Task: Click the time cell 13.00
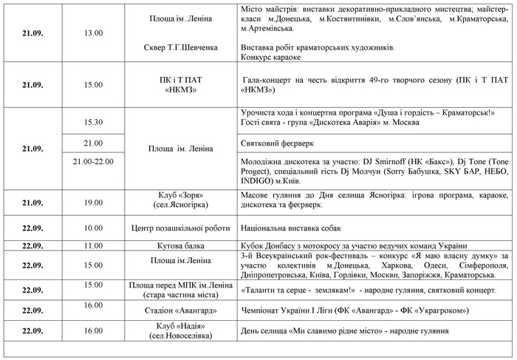[x=93, y=32]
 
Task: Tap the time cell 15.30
[x=93, y=122]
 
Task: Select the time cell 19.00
[x=93, y=201]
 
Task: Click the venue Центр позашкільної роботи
[x=181, y=228]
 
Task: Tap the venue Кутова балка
[x=181, y=245]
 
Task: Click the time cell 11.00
[x=93, y=245]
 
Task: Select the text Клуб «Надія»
[x=181, y=326]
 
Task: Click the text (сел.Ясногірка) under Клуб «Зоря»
[x=181, y=206]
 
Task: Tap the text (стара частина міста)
[x=181, y=295]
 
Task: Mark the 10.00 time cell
[x=93, y=228]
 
